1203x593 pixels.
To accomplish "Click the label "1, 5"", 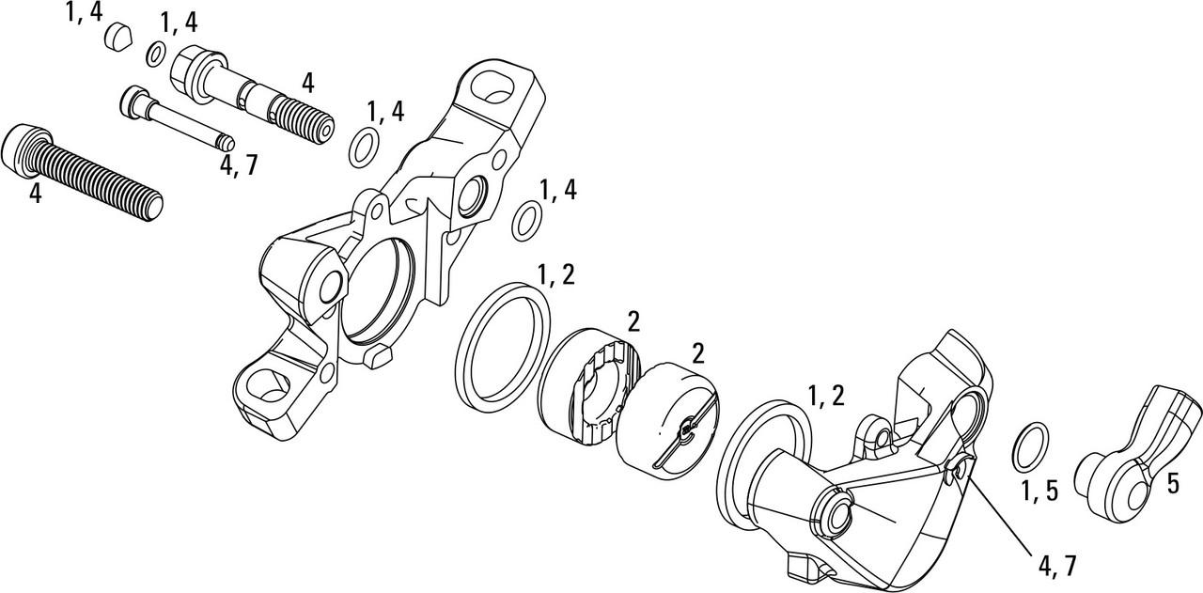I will (1039, 491).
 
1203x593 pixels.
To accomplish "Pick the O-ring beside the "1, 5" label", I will (1030, 446).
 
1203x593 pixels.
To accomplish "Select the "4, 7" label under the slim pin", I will (238, 165).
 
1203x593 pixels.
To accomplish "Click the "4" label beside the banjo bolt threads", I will (306, 83).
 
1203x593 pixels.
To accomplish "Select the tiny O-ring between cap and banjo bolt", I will (157, 55).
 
